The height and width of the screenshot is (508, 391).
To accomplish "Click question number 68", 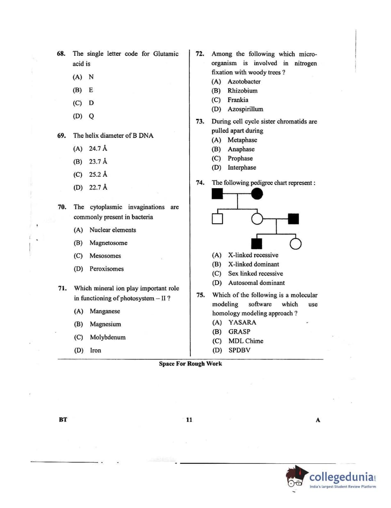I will [x=61, y=54].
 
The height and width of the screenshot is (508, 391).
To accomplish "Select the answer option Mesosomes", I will [x=105, y=256].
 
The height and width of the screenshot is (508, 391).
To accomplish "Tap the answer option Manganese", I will [x=105, y=311].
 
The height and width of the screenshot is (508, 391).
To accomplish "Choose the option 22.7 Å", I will [x=98, y=187].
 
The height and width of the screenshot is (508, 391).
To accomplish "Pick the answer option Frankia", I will [x=238, y=100].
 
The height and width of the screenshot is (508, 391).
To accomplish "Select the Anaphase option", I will [x=241, y=149].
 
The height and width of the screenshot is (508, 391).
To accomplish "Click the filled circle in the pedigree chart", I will [x=257, y=194].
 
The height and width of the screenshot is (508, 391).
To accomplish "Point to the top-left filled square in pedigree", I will [x=217, y=194].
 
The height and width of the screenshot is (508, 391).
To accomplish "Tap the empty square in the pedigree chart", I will [x=217, y=219].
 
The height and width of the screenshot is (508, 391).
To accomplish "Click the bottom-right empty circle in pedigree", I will [x=295, y=244].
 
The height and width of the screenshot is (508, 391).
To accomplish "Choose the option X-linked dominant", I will [x=253, y=264].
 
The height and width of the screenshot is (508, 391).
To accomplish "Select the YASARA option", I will [x=242, y=323].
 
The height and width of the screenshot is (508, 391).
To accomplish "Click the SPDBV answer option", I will [x=239, y=350].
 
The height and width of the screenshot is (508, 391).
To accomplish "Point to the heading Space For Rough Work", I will [x=190, y=364].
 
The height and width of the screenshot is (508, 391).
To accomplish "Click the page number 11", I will [x=189, y=419].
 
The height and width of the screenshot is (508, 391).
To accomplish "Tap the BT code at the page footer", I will [x=63, y=419].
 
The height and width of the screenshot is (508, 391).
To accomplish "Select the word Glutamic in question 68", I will [x=166, y=54].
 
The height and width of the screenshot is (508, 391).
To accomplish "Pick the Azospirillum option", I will [x=245, y=109].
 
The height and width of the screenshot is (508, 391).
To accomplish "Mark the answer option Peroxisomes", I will [x=106, y=269].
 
